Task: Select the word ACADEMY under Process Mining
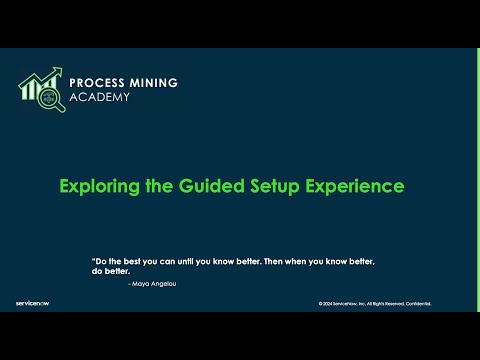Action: point(100,97)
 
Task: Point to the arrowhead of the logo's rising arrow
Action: point(58,72)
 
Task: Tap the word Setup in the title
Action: point(272,186)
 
